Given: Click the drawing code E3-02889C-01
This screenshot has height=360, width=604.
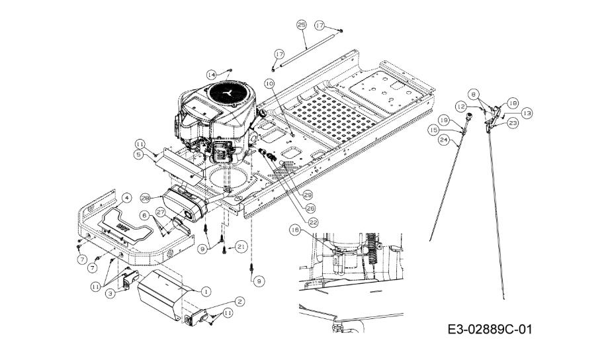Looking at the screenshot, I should [489, 329].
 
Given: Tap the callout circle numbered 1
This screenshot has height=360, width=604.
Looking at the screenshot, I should [206, 291].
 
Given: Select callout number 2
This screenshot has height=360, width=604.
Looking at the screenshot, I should [239, 302].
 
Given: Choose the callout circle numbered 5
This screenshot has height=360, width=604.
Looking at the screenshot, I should [139, 154].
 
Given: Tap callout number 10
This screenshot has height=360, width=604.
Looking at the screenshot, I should [269, 83].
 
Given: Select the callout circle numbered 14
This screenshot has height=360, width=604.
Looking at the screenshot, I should [211, 74].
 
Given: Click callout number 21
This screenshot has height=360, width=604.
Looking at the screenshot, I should [241, 246].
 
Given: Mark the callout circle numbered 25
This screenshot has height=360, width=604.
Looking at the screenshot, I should [301, 26].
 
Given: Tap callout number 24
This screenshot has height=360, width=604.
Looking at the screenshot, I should [443, 140].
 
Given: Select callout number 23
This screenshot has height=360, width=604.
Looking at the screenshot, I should [512, 122].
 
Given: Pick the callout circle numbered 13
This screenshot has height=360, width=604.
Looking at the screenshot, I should [527, 113].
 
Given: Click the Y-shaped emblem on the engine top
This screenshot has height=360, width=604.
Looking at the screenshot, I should [228, 93].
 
